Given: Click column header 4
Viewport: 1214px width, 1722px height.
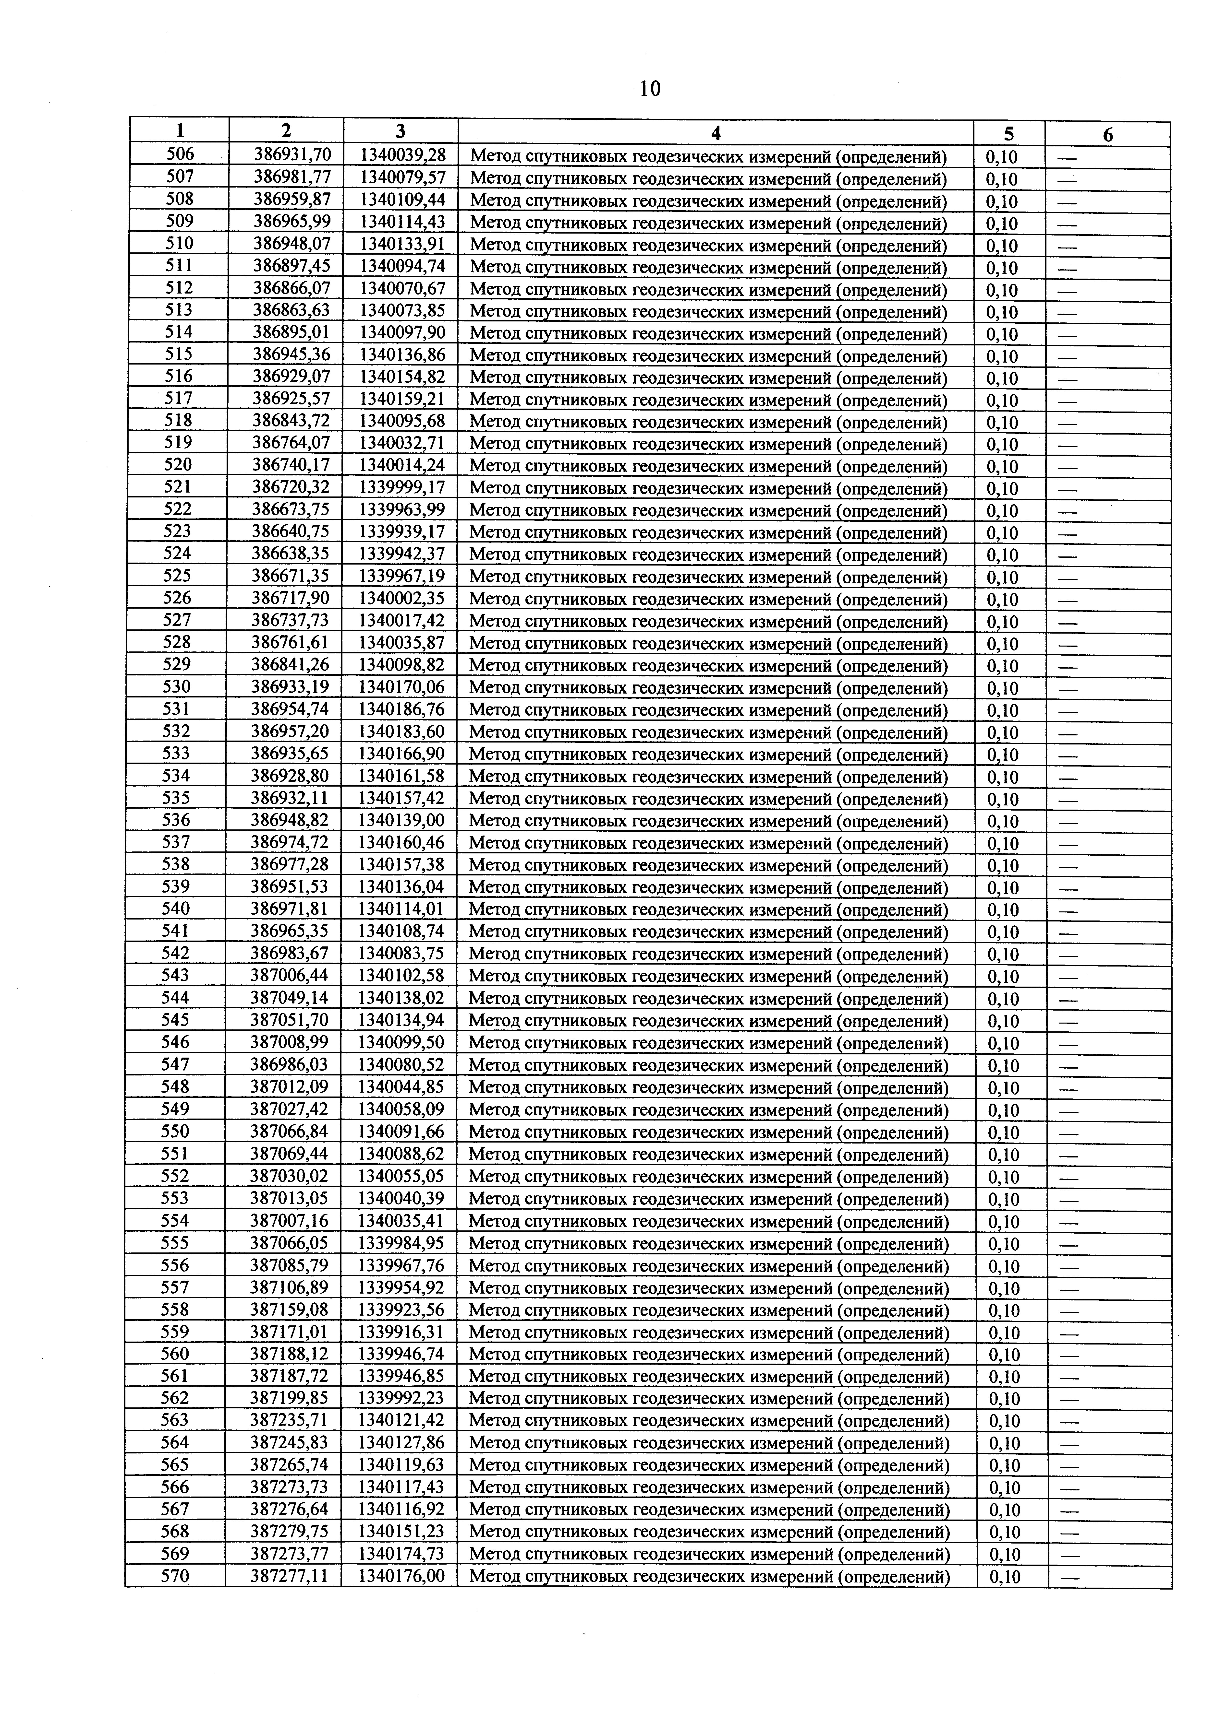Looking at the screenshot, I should [716, 133].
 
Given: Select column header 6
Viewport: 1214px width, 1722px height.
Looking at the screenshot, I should [1107, 135].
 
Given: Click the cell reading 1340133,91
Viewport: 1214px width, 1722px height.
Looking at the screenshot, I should [403, 244].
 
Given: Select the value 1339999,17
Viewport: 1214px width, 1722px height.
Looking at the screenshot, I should [402, 487].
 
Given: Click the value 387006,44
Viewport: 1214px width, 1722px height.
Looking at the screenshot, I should [289, 976].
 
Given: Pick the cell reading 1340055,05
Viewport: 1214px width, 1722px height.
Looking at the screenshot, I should [401, 1176].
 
